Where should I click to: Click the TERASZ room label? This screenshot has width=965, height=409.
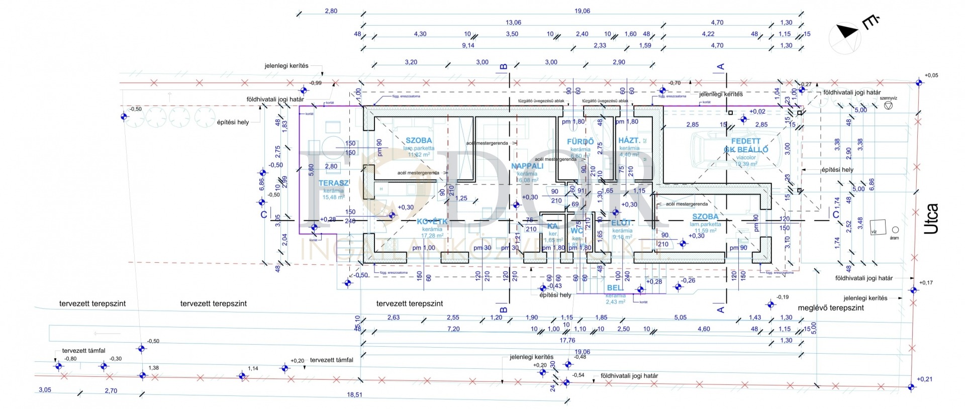coord(333,183)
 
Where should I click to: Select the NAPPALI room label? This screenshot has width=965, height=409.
coord(527,166)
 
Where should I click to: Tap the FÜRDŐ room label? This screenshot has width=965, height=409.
coord(580,142)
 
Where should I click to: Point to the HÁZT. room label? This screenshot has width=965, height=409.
coord(629,141)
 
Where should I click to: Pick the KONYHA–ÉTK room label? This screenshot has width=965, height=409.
coord(432,222)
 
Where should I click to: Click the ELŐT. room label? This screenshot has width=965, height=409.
coord(622,223)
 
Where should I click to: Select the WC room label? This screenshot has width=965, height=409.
coord(576,231)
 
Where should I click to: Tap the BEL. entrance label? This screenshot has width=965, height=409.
coord(615,288)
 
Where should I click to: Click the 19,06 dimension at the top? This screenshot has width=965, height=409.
coord(582,11)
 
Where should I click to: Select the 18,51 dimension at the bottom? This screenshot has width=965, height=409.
coord(354,395)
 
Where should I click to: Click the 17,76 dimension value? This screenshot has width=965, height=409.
coord(567,341)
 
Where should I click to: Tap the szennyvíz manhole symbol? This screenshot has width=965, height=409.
coord(889,106)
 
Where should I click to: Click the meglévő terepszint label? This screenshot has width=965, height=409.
coord(831,308)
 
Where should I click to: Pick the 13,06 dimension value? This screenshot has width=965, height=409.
coord(513,23)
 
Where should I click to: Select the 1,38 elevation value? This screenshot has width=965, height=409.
coord(153,368)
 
